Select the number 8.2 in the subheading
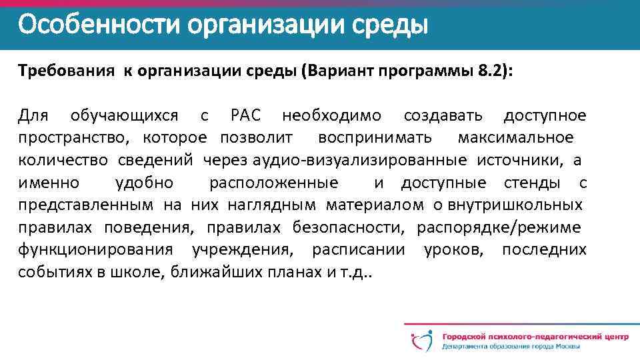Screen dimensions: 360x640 click(x=492, y=71)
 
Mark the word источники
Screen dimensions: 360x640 click(x=520, y=161)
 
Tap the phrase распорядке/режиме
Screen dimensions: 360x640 click(x=498, y=227)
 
